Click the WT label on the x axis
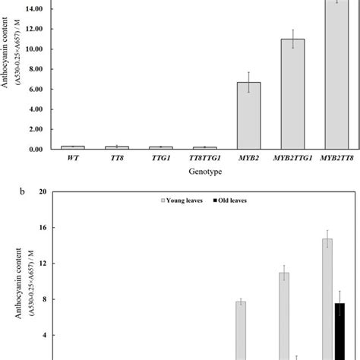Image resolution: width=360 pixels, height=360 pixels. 72,160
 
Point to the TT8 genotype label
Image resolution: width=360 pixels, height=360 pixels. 116,160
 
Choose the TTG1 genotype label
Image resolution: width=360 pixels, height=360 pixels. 160,160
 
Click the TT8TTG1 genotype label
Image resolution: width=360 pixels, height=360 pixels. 204,160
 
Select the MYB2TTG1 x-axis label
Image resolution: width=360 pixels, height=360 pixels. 292,160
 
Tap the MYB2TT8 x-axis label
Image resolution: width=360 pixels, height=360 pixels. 336,160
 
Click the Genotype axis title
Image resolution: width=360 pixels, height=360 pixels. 204,174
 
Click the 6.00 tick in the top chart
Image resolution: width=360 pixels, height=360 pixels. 43,89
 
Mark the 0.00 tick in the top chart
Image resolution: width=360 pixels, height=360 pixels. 43,150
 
